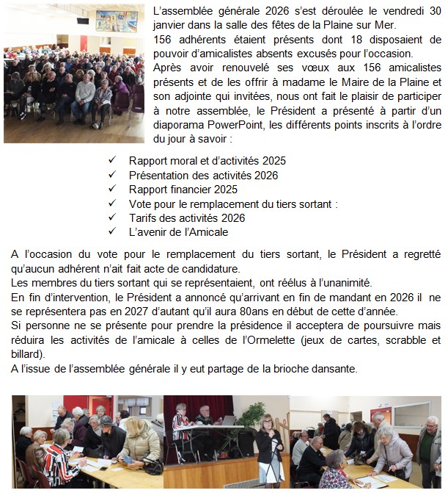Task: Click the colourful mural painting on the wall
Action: pos(117,21)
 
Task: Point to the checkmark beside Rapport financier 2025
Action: pos(112,189)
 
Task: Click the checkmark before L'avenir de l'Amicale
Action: pos(112,232)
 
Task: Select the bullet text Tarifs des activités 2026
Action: pos(186,218)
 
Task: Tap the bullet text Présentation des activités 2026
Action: pos(203,175)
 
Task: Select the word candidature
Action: pos(208,268)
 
